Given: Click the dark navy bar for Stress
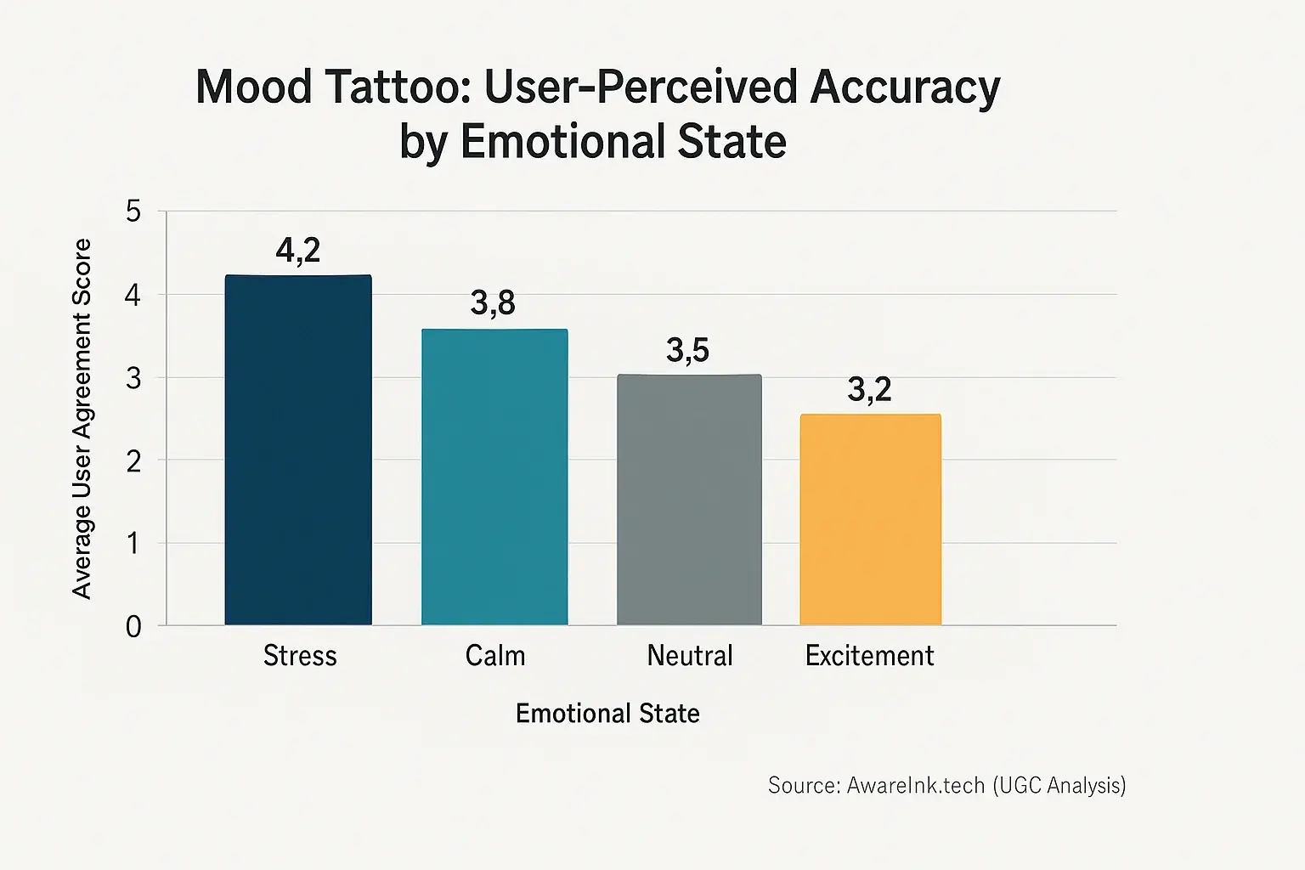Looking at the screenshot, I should [298, 450].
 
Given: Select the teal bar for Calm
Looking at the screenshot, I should [494, 477].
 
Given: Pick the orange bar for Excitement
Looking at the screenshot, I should [870, 519].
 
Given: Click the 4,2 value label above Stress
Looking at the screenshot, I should [298, 251].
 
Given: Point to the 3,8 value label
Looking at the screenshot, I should [493, 303].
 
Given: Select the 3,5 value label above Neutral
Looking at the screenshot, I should [687, 350].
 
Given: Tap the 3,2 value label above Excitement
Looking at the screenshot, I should [869, 390].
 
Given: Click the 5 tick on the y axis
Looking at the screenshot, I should [133, 212].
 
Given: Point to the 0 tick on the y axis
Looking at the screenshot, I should [133, 627].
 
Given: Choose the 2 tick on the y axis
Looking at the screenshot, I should [133, 461].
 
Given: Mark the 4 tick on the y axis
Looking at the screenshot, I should [133, 296].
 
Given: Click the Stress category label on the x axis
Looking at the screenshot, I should [300, 656].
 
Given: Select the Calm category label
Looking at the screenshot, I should [495, 656].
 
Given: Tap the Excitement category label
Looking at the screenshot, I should [869, 656].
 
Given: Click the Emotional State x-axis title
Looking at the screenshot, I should [607, 714].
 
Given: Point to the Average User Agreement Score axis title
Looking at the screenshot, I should [82, 419].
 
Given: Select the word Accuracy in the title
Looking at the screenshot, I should [905, 88].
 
